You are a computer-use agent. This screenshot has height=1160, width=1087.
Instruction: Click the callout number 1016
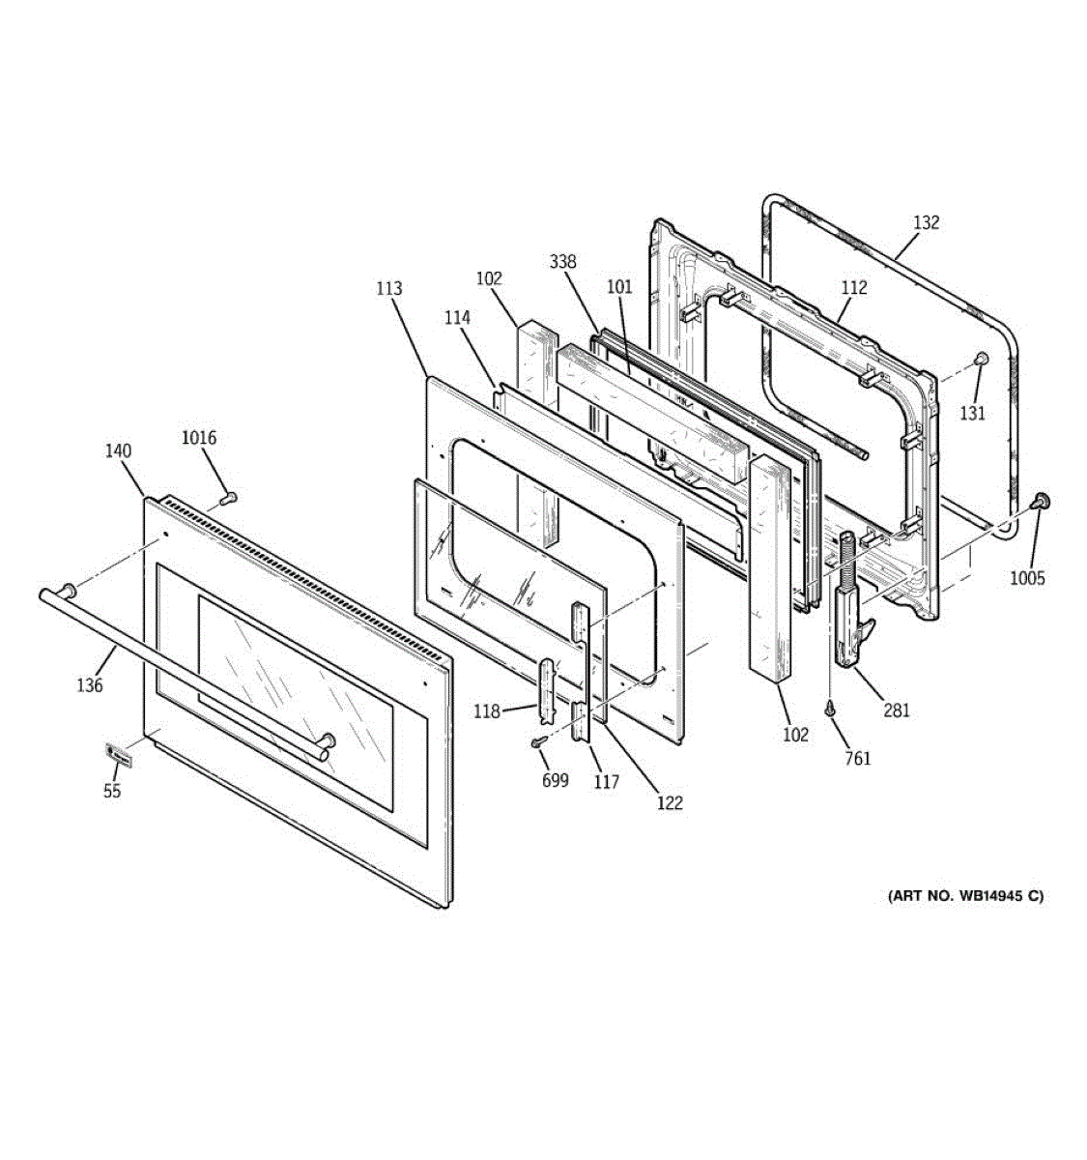199,438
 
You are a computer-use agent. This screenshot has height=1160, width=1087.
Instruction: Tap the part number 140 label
119,450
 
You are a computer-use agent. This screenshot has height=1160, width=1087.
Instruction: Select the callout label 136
90,685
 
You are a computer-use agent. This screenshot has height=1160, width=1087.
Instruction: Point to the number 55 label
113,791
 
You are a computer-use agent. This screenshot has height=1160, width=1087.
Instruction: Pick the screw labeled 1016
229,499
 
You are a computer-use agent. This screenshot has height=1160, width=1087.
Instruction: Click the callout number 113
389,288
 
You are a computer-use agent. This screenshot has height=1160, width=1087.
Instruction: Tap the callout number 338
562,262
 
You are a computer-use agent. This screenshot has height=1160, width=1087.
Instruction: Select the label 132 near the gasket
925,222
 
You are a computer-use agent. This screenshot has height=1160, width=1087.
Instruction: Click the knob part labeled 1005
1041,500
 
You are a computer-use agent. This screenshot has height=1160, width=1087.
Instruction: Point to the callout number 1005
1027,578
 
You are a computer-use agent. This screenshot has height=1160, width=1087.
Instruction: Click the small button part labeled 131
979,360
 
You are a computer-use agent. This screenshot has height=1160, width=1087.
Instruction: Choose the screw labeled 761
829,710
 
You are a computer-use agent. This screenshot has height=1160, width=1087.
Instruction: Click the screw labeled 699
537,741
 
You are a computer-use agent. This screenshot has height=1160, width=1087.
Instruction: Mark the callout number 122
669,802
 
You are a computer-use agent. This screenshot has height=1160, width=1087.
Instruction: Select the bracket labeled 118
549,689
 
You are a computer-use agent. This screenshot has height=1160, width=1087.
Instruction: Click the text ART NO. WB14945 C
965,896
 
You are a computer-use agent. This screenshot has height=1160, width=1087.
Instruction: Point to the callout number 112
853,287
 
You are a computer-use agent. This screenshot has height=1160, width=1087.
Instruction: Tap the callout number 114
457,317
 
